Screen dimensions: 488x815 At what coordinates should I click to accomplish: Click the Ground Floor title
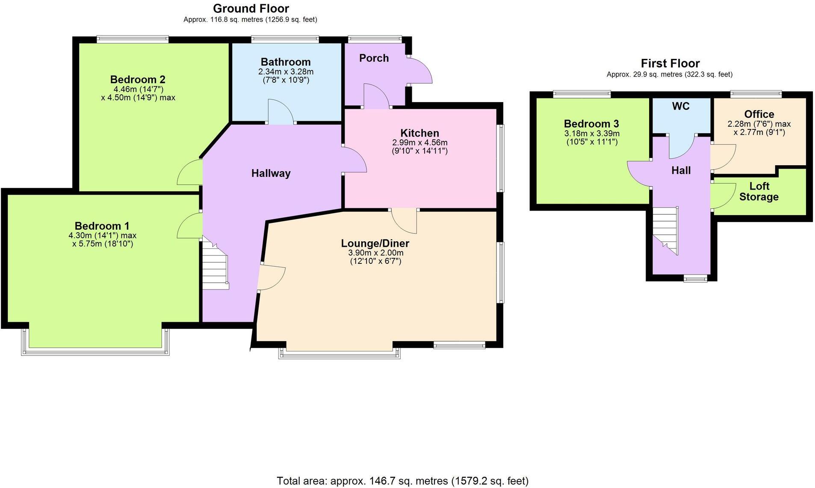[x=251, y=9]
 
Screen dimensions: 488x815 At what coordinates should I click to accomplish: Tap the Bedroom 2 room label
[x=138, y=79]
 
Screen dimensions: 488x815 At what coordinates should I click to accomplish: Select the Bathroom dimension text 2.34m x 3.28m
[x=286, y=72]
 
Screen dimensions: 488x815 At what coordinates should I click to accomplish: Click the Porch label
[x=374, y=58]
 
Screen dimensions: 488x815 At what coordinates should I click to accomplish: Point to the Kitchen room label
[x=419, y=133]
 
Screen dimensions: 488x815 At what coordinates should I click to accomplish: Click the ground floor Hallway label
[x=271, y=173]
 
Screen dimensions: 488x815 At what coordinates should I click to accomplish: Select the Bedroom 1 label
[x=102, y=226]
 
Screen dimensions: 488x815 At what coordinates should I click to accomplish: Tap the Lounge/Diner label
[x=375, y=243]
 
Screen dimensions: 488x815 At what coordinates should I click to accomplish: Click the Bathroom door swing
[x=280, y=112]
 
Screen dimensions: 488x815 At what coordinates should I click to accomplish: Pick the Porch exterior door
[x=419, y=71]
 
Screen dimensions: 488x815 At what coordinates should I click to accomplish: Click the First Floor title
[x=670, y=64]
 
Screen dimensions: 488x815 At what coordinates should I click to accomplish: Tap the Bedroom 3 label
[x=591, y=124]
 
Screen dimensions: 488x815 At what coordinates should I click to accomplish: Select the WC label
[x=681, y=106]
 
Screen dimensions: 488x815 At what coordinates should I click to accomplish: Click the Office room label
[x=759, y=114]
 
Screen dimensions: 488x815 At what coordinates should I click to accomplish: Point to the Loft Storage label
[x=759, y=191]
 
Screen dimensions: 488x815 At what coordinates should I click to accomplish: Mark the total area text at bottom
[x=402, y=481]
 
